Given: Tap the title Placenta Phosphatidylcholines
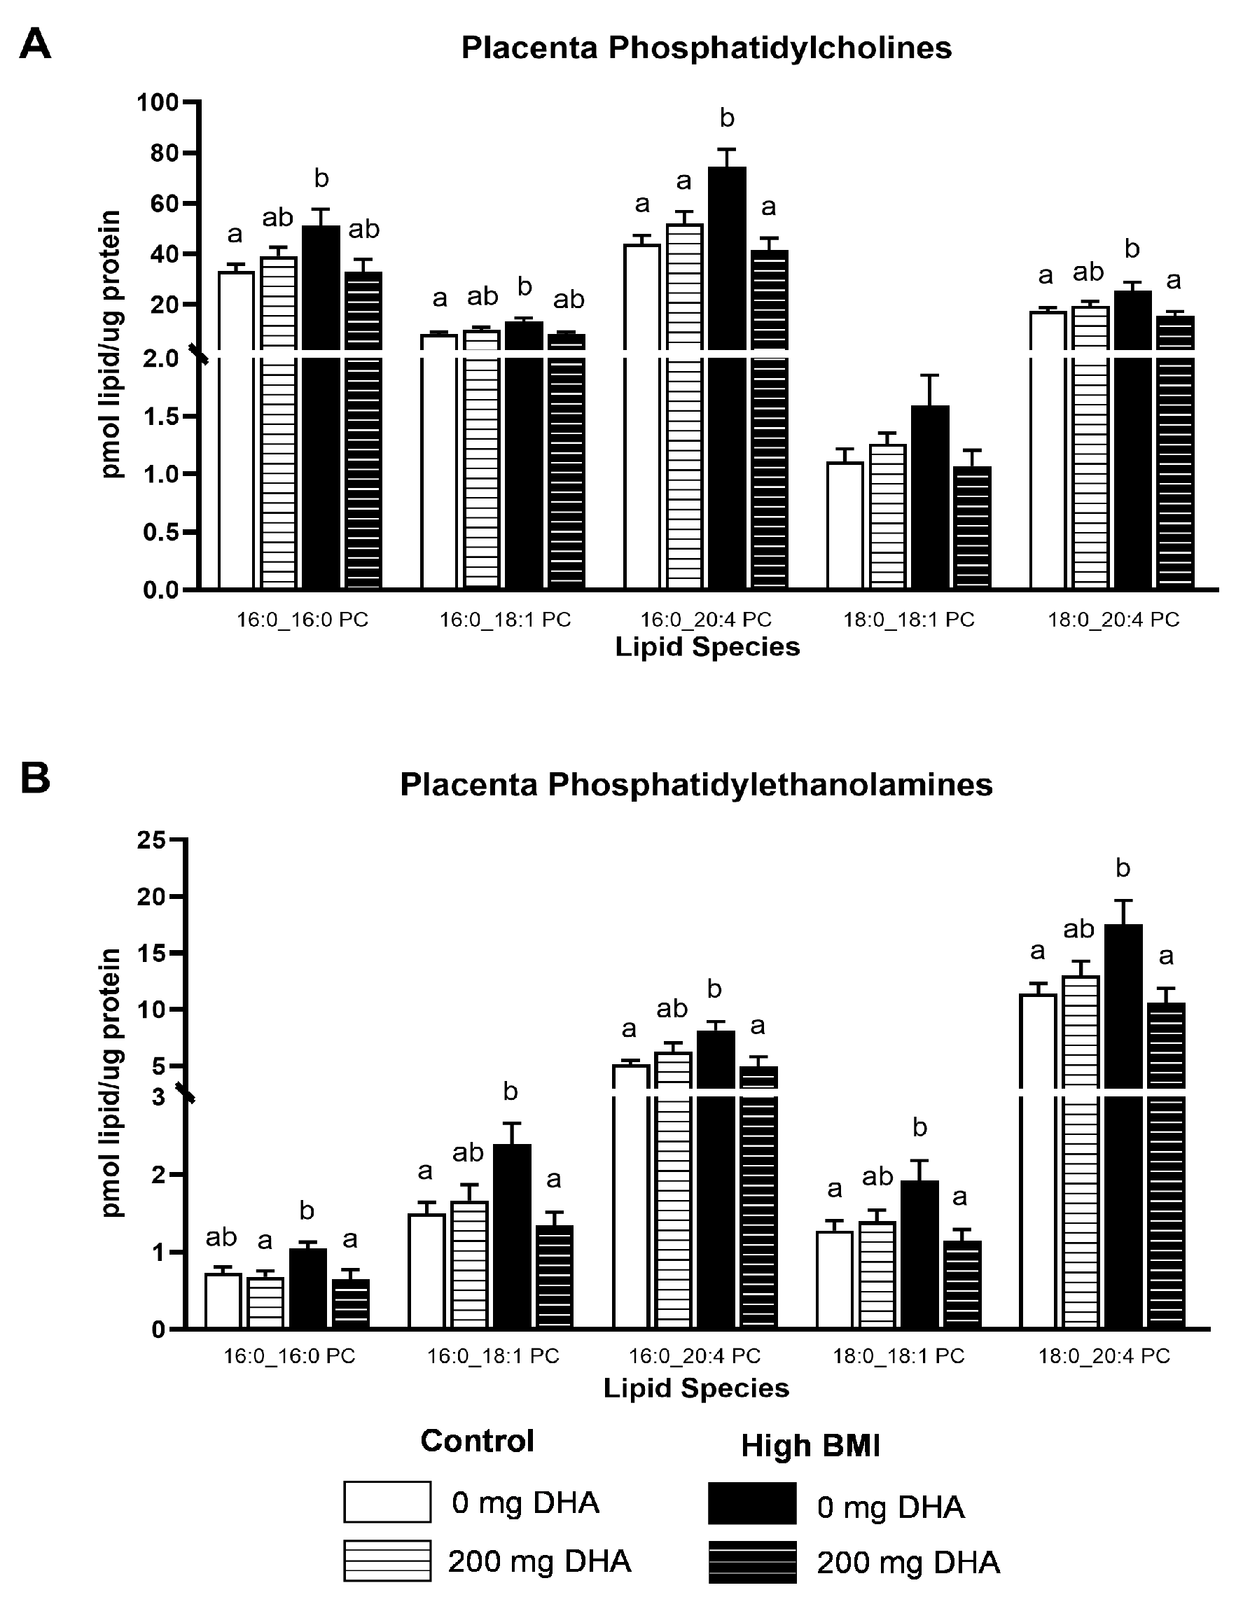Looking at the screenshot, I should click(x=706, y=48).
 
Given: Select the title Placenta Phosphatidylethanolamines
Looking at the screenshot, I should click(x=695, y=784).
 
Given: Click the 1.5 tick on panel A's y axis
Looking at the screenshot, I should click(x=161, y=417).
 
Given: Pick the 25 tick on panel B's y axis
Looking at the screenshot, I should click(x=151, y=839).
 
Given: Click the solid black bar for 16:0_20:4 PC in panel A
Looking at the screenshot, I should click(x=726, y=367).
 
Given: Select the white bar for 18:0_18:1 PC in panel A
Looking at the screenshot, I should click(x=845, y=525).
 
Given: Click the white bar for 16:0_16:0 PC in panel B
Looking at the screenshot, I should click(x=223, y=1301).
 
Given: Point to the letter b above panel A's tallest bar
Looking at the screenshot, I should click(x=726, y=118).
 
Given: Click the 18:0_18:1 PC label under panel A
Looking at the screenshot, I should click(x=908, y=620).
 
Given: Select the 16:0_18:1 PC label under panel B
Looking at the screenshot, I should click(x=493, y=1355).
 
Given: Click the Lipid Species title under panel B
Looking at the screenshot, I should click(x=695, y=1388).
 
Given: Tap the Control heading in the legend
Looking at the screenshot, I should click(x=477, y=1441).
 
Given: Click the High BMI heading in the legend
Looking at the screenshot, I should click(x=810, y=1445).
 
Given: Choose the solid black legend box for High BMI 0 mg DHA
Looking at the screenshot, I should click(x=752, y=1502).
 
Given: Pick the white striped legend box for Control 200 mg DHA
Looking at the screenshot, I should click(x=387, y=1561).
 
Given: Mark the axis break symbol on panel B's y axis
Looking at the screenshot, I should click(x=186, y=1093).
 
